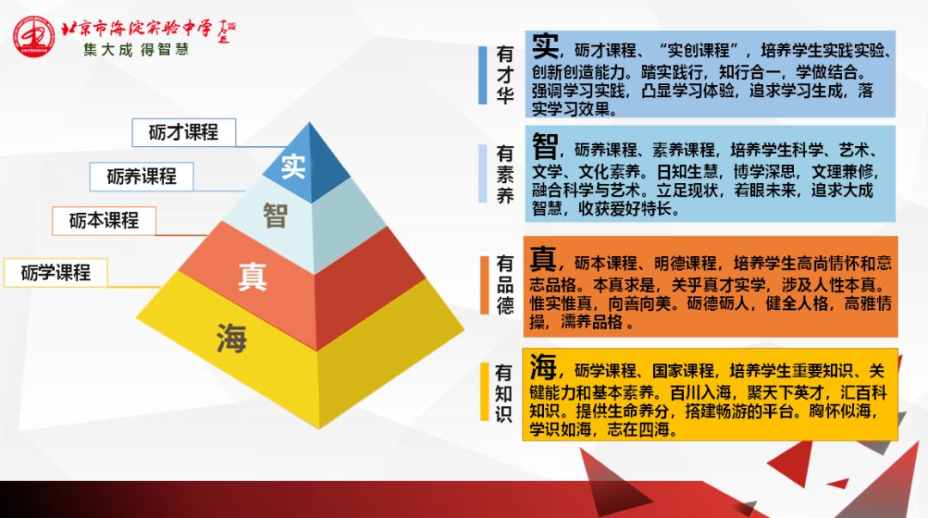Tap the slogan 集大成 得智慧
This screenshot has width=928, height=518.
tap(136, 50)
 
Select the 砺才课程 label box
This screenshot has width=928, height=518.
tap(183, 131)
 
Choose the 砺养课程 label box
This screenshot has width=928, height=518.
tap(142, 176)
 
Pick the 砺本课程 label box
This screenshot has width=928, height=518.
tap(104, 220)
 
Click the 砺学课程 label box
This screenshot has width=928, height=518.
tap(56, 273)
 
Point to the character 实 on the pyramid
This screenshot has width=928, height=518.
tap(293, 166)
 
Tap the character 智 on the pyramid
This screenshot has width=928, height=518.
tap(275, 216)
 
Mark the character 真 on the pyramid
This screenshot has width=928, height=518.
tap(253, 277)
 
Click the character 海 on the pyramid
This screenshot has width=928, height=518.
tap(231, 338)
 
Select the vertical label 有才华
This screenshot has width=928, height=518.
tap(505, 75)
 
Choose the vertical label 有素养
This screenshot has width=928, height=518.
tap(505, 174)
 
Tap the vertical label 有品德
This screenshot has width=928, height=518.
tap(505, 284)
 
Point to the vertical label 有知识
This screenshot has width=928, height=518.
tap(504, 393)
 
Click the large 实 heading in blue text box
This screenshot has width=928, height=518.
tap(546, 46)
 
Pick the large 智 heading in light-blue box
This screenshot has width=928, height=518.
tap(546, 144)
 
